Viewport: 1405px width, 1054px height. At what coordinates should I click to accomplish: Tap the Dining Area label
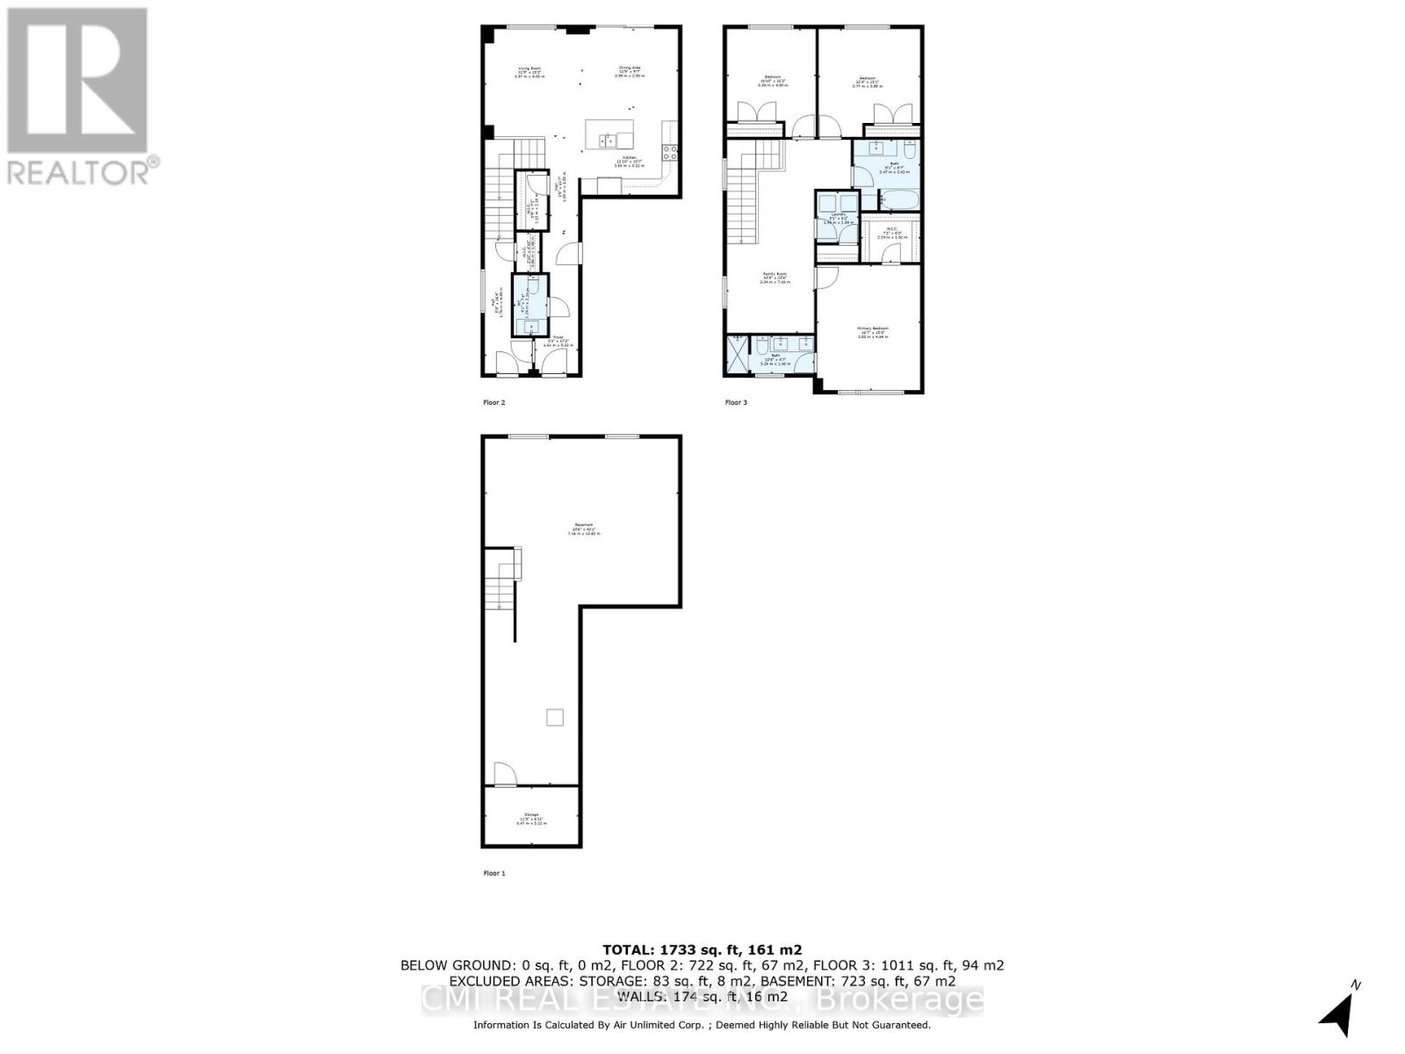point(630,71)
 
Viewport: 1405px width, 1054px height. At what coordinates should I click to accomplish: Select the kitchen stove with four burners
point(670,151)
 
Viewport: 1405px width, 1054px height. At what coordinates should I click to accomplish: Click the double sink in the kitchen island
point(609,140)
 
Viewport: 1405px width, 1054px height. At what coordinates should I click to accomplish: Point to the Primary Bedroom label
point(873,331)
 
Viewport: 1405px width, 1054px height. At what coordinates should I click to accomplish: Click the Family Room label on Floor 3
point(775,278)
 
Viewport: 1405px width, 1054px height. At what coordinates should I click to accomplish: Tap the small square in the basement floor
point(554,718)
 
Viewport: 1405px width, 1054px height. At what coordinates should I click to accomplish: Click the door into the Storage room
point(503,775)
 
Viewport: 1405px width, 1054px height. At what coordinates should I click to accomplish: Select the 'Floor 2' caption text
point(494,402)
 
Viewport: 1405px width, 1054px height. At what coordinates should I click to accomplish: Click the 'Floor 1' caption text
point(494,873)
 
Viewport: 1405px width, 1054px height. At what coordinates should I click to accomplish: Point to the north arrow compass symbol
point(1338,1012)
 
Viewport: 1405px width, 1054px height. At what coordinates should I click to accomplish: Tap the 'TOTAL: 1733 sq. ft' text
point(701,949)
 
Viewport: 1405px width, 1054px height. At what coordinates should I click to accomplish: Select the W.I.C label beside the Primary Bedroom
point(891,233)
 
